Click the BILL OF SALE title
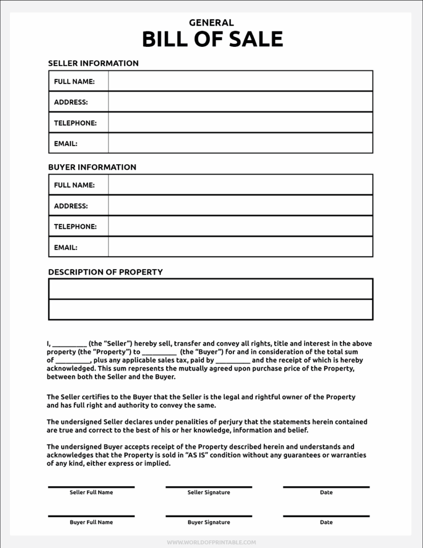pyautogui.click(x=212, y=40)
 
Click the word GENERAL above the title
pyautogui.click(x=211, y=23)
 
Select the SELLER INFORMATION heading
pyautogui.click(x=93, y=63)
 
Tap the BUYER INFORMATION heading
pyautogui.click(x=92, y=167)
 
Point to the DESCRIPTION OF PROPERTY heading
pyautogui.click(x=105, y=272)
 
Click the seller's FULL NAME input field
pyautogui.click(x=240, y=81)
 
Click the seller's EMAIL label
pyautogui.click(x=66, y=143)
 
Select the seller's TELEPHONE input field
pyautogui.click(x=240, y=122)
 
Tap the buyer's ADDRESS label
pyautogui.click(x=70, y=206)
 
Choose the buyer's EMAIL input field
pyautogui.click(x=240, y=247)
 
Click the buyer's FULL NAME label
pyautogui.click(x=74, y=185)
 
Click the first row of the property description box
pyautogui.click(x=211, y=289)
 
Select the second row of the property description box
pyautogui.click(x=211, y=309)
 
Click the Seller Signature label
pyautogui.click(x=209, y=492)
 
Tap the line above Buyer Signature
pyautogui.click(x=209, y=516)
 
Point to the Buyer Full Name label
pyautogui.click(x=91, y=522)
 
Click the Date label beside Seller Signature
pyautogui.click(x=326, y=492)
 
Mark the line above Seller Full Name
pyautogui.click(x=91, y=487)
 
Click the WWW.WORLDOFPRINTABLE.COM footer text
pyautogui.click(x=211, y=542)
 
